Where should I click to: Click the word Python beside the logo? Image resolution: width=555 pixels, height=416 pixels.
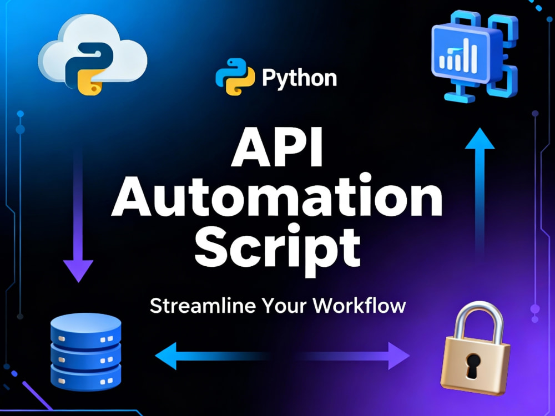(x=300, y=79)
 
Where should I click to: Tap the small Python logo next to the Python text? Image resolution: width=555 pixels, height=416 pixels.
(x=235, y=77)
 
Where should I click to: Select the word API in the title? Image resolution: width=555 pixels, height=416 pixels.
(x=277, y=148)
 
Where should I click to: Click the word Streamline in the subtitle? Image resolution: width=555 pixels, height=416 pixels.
(x=203, y=306)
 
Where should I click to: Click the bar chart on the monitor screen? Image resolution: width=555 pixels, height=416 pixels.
(x=459, y=57)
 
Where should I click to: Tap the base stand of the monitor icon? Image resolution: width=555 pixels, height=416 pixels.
(x=460, y=94)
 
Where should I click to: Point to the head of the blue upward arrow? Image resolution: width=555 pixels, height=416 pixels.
(x=480, y=139)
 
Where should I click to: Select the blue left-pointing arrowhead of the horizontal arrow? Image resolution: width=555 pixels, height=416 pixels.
(x=167, y=356)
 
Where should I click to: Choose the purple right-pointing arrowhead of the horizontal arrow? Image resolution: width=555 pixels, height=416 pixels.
(x=399, y=356)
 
